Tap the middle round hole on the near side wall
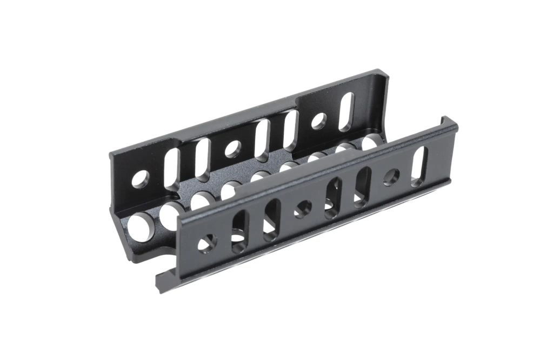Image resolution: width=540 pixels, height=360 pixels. pyautogui.click(x=303, y=208)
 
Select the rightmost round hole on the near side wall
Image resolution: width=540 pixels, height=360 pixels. pyautogui.click(x=391, y=177)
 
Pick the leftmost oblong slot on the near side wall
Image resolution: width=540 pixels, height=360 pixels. pyautogui.click(x=238, y=232)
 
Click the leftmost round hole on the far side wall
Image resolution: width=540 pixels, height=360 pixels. pyautogui.click(x=140, y=179)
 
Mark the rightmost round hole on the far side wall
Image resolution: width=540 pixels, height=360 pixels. pyautogui.click(x=318, y=121)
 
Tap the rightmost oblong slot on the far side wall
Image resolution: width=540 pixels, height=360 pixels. pyautogui.click(x=346, y=111)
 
